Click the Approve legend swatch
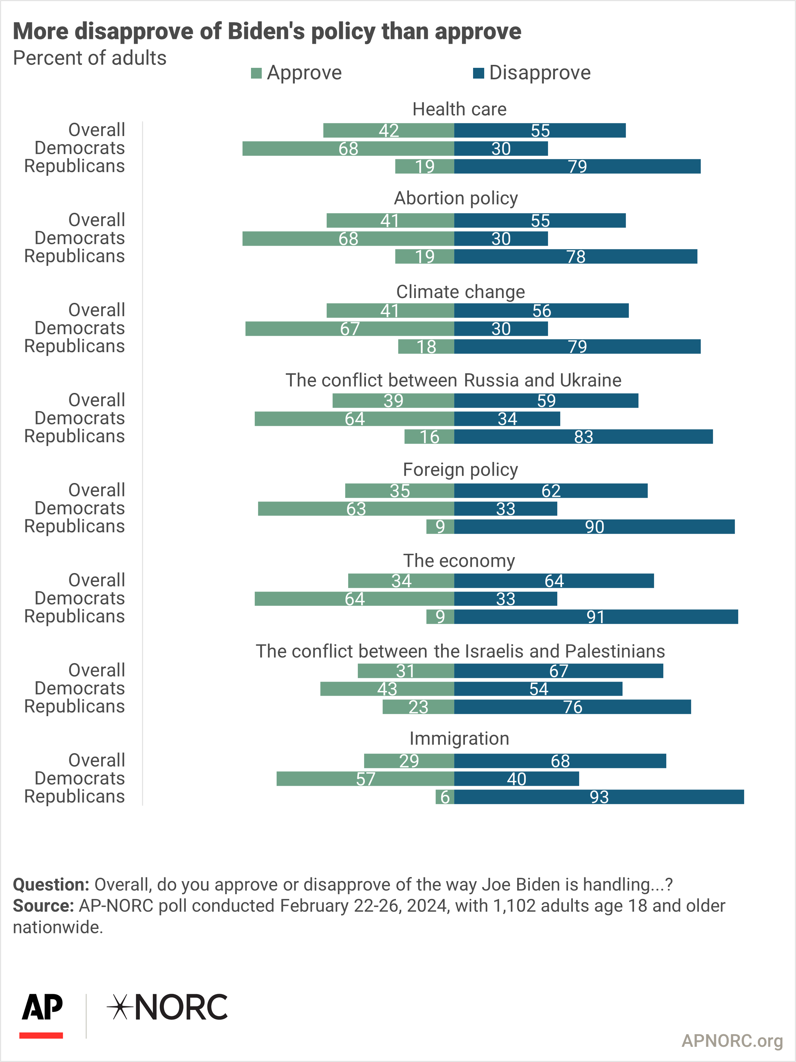tap(256, 73)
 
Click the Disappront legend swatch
tap(478, 73)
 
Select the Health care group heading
tap(459, 109)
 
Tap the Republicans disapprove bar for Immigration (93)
tap(599, 797)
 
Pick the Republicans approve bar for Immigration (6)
tap(445, 797)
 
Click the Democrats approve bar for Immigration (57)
tap(365, 779)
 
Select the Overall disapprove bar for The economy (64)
tap(554, 580)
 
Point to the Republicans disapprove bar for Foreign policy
tap(594, 527)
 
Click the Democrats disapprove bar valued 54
tap(538, 688)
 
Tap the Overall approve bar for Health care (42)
tap(389, 130)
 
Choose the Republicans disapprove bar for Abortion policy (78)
tap(576, 257)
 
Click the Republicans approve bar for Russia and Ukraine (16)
tap(429, 436)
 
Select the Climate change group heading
tap(460, 291)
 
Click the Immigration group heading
tap(459, 738)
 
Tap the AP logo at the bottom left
tap(42, 1015)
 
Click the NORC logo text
tap(181, 1007)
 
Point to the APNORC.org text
tap(732, 1041)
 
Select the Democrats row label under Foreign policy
tap(80, 508)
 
